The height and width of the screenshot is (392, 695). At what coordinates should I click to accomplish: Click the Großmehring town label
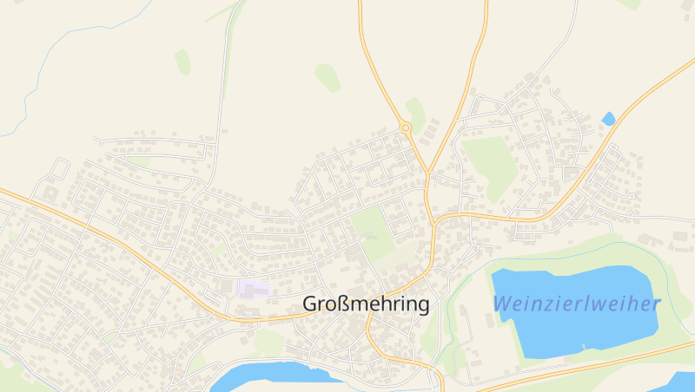[x=366, y=304]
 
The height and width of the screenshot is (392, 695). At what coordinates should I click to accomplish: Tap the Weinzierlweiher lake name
[x=577, y=304]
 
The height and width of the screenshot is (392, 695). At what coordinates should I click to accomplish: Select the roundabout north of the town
[x=405, y=128]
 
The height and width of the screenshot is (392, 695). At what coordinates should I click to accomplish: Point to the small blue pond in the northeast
[x=608, y=118]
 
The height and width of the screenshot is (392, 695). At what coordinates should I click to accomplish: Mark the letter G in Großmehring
[x=310, y=304]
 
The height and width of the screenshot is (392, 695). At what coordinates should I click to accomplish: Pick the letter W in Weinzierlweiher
[x=502, y=304]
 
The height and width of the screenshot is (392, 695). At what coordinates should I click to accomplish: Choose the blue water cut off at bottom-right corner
[x=682, y=382]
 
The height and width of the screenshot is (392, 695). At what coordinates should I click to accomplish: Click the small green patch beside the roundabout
[x=416, y=113]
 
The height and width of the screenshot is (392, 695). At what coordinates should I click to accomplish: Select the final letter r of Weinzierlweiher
[x=657, y=304]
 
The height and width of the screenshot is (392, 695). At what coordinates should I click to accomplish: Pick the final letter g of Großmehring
[x=423, y=306]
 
